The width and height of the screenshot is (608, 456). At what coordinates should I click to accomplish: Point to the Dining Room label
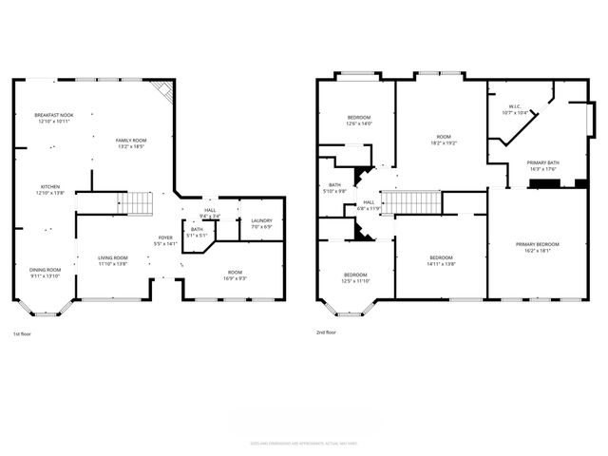click(46, 272)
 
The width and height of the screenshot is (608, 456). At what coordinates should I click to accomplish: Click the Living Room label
click(113, 259)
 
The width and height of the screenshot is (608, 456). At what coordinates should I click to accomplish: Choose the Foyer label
click(165, 240)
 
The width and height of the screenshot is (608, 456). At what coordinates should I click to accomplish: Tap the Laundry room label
click(261, 223)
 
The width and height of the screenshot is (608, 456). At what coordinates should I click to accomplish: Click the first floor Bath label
click(196, 232)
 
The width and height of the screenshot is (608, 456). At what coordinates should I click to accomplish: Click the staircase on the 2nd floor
click(419, 202)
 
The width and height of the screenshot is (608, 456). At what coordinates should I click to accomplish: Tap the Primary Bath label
click(543, 165)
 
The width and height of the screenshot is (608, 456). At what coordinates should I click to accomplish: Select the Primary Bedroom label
click(537, 247)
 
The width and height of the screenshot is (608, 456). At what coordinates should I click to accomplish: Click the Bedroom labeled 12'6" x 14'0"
click(358, 120)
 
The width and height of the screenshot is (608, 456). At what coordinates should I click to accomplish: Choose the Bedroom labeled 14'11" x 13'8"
click(441, 261)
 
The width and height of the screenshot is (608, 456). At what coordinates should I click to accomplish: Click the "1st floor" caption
click(23, 333)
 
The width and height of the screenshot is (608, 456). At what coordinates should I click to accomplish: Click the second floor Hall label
click(368, 204)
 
